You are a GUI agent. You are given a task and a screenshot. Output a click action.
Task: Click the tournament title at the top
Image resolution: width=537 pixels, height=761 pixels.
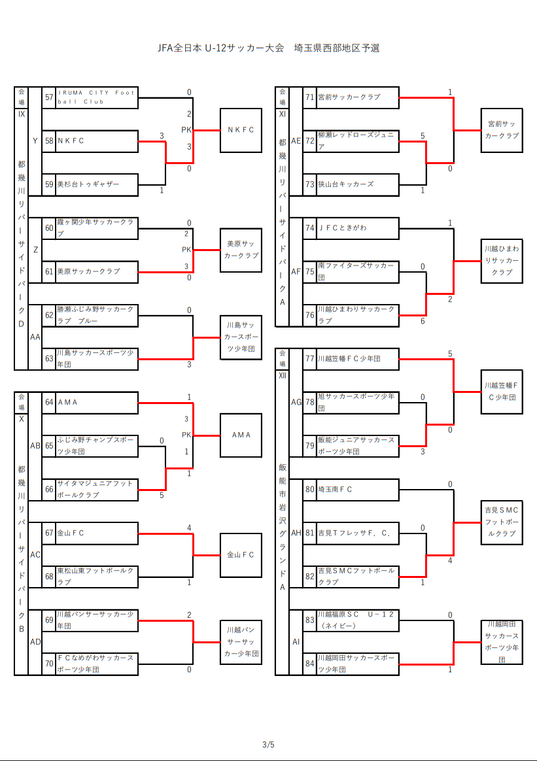click(268, 48)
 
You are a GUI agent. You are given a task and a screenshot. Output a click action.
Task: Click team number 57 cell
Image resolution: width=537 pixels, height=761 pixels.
click(49, 97)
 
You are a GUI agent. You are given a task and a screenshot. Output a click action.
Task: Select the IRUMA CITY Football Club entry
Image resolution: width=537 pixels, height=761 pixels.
click(97, 97)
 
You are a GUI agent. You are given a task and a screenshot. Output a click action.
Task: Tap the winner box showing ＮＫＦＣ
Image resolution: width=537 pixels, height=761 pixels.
click(241, 130)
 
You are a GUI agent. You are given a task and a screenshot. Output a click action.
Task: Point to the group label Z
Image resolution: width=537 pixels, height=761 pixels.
click(35, 250)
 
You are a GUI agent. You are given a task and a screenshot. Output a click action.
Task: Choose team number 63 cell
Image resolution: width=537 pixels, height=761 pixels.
click(49, 358)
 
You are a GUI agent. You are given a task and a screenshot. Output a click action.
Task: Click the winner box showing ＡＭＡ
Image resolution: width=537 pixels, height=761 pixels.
click(241, 435)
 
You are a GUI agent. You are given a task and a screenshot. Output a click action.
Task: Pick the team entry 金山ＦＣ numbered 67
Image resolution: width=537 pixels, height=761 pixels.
click(97, 533)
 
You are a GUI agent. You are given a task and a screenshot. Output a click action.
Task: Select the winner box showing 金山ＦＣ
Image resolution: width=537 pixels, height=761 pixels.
click(241, 555)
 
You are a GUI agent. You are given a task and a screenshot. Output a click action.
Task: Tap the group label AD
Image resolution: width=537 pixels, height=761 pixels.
click(35, 642)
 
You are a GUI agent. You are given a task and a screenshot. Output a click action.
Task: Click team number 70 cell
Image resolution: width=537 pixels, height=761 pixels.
click(49, 664)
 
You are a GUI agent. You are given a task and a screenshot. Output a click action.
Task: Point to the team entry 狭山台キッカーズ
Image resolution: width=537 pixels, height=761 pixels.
click(358, 184)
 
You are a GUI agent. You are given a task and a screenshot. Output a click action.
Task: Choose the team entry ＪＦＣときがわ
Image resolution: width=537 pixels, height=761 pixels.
click(358, 228)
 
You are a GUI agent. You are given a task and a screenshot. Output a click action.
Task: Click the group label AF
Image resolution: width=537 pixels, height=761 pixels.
click(296, 271)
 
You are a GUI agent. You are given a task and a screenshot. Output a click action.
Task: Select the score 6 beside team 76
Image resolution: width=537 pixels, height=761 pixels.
click(423, 321)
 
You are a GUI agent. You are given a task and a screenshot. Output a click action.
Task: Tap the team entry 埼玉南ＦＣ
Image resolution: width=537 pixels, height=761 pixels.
click(358, 489)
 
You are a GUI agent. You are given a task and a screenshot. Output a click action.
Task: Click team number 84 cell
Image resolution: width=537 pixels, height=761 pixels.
click(310, 664)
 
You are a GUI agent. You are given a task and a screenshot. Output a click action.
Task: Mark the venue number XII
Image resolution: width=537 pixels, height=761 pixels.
click(283, 375)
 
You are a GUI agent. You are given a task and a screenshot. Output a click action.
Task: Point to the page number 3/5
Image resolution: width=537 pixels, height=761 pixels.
click(268, 745)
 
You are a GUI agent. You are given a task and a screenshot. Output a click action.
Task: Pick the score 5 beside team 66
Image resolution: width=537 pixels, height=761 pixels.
click(162, 496)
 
